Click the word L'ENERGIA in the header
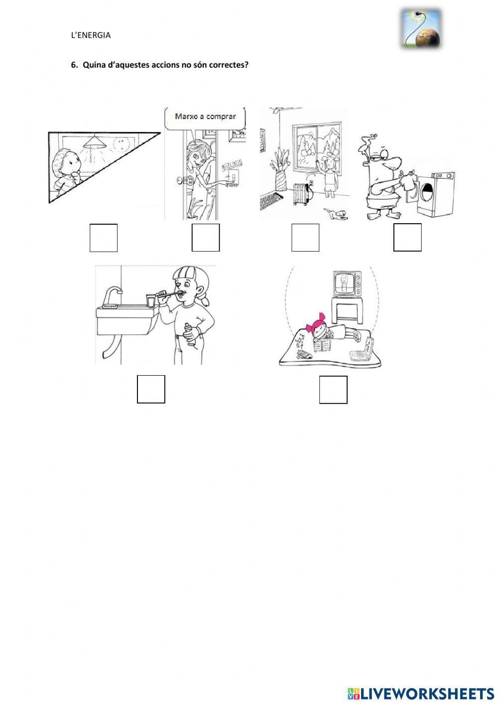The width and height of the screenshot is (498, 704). coord(91,35)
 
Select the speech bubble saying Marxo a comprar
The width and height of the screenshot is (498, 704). coord(205,117)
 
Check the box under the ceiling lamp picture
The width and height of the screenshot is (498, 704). coord(104,238)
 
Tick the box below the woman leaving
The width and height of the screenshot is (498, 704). coord(206,238)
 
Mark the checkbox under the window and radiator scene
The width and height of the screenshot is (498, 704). coord(305,238)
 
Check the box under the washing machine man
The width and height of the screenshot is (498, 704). coord(407,238)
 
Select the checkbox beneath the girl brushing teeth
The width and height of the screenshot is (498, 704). coord(151,389)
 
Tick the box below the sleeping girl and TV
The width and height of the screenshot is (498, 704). coord(333,390)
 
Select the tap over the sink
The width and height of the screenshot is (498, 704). coord(113,294)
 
